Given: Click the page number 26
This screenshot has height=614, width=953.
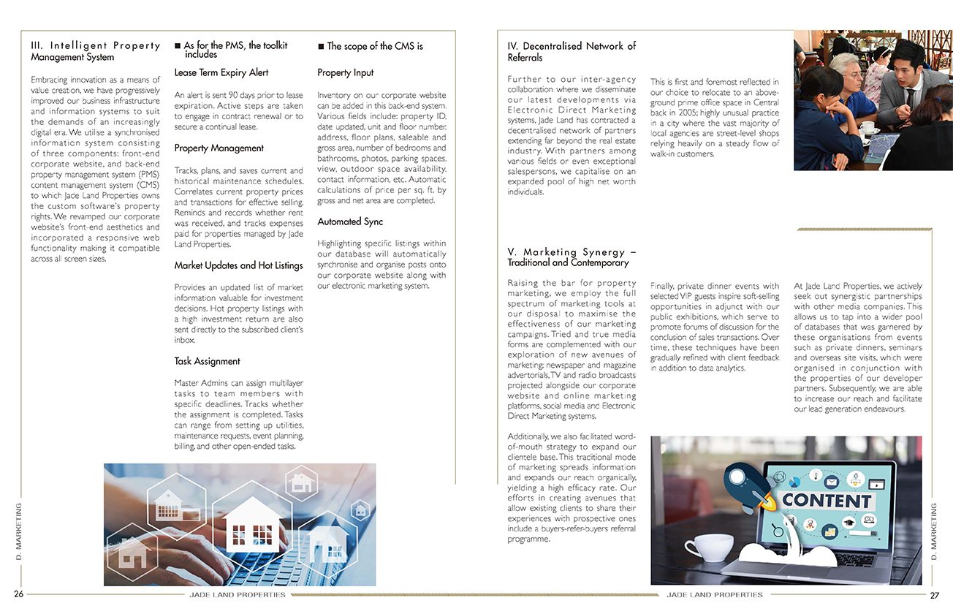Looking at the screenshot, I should tap(19, 594).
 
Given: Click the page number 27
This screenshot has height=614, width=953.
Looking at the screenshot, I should tap(934, 595).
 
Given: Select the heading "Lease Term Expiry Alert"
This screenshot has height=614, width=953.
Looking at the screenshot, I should tap(221, 72).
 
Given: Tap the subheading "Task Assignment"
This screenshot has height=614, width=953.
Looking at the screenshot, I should tap(207, 361).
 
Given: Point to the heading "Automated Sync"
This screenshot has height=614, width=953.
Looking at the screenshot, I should tap(350, 221).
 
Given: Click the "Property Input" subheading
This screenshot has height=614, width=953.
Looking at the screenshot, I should tap(345, 72).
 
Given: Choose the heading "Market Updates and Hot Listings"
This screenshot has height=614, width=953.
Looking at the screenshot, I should tap(238, 265).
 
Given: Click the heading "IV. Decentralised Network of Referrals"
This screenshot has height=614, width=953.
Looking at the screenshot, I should tap(572, 51).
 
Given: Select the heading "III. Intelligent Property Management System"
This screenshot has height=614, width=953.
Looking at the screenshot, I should tap(95, 51).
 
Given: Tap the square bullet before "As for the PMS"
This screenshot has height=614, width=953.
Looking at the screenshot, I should tap(178, 46).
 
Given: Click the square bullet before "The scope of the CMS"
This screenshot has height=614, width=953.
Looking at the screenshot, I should tap(321, 46).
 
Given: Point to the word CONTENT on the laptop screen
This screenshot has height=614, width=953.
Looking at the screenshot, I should tap(827, 501).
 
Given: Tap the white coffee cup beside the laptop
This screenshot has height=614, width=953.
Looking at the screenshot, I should tap(708, 547).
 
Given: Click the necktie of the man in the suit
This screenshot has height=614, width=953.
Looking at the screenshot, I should tap(910, 98).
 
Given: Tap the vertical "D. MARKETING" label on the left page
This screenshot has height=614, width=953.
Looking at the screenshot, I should tap(19, 531).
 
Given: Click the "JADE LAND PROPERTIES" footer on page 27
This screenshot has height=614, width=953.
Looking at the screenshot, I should tap(714, 595).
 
